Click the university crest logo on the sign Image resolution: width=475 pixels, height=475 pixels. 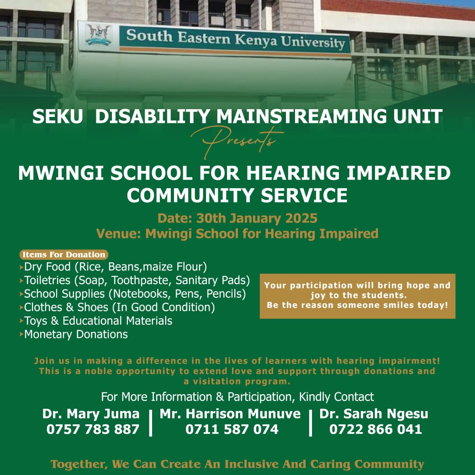coord(98,35)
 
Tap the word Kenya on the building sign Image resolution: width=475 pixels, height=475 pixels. coord(255,40)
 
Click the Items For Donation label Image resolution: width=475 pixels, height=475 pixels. coord(64,254)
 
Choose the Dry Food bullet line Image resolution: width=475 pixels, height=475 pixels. coord(115,266)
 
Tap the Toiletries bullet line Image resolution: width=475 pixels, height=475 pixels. coord(137,280)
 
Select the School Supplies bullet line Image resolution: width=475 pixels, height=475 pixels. coord(135,293)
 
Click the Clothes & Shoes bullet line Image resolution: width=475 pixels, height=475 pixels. coord(119,307)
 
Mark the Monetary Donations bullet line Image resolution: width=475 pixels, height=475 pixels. coord(76,334)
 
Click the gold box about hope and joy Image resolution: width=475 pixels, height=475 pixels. coord(357,296)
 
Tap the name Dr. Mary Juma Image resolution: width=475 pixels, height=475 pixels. coord(91,414)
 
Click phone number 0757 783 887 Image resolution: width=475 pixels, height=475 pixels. coord(93,429)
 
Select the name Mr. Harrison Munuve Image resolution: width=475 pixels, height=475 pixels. coord(230,414)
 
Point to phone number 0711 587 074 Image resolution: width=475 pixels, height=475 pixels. coord(232,429)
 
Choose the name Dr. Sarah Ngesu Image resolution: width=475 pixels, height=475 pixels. coord(374,414)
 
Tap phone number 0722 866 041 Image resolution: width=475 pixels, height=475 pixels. coord(375,429)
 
